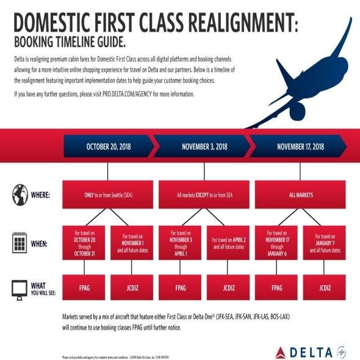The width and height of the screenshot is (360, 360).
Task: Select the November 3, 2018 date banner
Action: coord(204,146)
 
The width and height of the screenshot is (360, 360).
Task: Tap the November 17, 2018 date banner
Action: coord(301,146)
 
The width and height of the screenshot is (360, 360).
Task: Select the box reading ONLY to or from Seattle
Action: coord(108,196)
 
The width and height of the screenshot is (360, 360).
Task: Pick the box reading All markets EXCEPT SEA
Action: coord(204,196)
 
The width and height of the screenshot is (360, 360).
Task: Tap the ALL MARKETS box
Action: coord(301,196)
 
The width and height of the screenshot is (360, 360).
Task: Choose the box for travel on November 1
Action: coord(132,243)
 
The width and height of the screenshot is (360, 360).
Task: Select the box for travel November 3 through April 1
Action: coord(180,243)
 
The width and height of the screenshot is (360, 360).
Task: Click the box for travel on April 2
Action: coord(229,243)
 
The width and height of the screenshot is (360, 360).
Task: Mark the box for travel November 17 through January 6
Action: coord(276,243)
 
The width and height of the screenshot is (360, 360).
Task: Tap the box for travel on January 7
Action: coord(325,243)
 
